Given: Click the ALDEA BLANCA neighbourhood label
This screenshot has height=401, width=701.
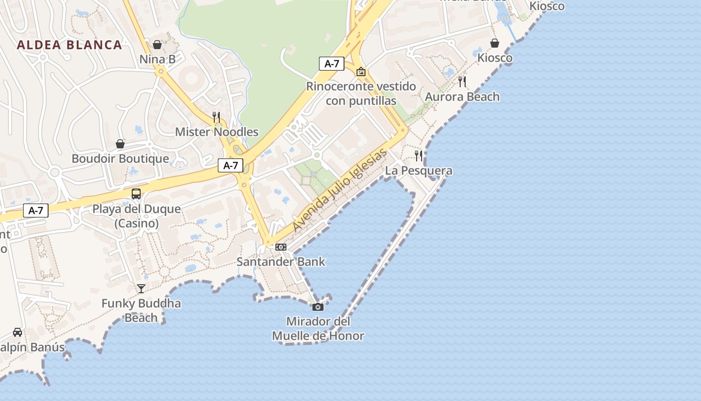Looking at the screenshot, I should click(70, 45).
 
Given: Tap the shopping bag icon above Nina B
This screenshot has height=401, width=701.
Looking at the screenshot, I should click(157, 45).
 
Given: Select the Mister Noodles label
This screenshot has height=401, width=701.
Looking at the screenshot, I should click(216, 132).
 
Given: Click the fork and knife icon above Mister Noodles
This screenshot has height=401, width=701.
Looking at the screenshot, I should click(216, 117).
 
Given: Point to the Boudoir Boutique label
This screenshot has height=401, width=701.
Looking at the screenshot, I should click(120, 159).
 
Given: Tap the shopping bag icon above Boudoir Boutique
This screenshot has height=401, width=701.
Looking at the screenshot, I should click(120, 144).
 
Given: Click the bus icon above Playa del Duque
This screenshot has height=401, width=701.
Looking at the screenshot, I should click(136, 194).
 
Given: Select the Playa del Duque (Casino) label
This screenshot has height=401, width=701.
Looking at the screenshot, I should click(136, 216).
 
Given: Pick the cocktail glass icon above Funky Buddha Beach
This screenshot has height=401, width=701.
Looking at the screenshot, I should click(141, 288).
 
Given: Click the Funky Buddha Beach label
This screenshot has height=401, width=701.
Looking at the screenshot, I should click(141, 310).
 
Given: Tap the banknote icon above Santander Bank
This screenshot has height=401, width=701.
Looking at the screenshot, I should click(281, 247).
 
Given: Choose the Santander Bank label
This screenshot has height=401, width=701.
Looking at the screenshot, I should click(281, 262).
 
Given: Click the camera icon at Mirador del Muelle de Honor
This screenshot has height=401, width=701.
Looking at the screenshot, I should click(318, 307).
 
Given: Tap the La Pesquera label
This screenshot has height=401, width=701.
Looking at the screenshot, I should click(419, 170).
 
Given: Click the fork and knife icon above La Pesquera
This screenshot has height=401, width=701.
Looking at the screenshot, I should click(419, 156).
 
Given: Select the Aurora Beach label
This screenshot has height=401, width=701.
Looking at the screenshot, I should click(462, 97).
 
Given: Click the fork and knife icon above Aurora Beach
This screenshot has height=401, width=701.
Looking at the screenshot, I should click(462, 82).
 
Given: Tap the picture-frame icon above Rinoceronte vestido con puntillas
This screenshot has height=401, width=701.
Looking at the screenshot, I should click(361, 72).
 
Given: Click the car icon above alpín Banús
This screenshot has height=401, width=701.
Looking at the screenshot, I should click(18, 332).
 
